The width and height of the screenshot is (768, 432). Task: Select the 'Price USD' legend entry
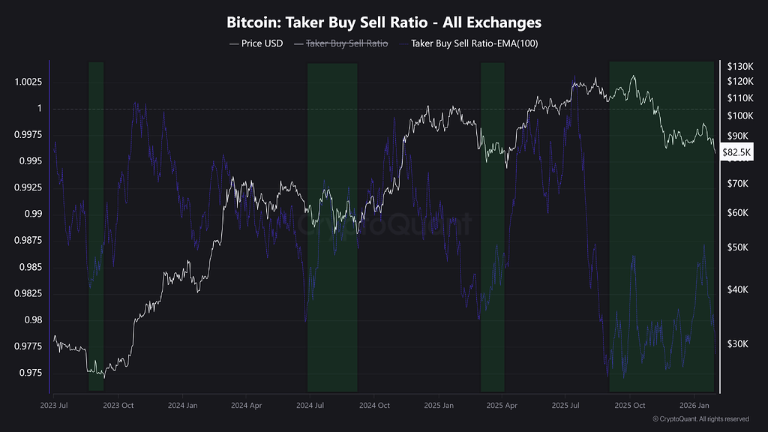pyautogui.click(x=256, y=43)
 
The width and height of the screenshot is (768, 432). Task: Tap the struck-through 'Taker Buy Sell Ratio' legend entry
pyautogui.click(x=346, y=43)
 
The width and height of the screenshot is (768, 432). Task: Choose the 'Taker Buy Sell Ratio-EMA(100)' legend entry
pyautogui.click(x=474, y=43)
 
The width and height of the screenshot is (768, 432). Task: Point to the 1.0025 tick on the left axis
pyautogui.click(x=28, y=82)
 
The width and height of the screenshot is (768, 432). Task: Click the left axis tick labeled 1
pyautogui.click(x=40, y=109)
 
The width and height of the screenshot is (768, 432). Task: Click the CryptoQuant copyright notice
pyautogui.click(x=700, y=418)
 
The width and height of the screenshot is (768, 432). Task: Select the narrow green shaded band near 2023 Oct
pyautogui.click(x=96, y=225)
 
